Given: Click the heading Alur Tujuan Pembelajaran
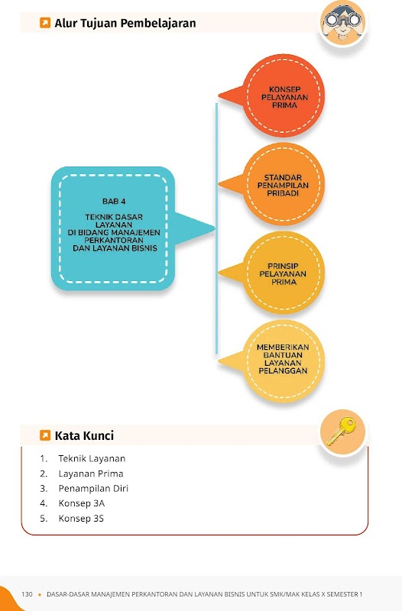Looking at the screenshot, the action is pos(125,23).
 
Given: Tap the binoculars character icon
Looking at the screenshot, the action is pos(342,23).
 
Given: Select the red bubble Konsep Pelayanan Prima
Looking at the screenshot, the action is pos(273,95).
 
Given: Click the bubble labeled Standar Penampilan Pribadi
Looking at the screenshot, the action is pos(273,184).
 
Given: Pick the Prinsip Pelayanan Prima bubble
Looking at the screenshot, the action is pos(273,273).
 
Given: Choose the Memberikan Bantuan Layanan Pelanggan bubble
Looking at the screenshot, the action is pos(273,360).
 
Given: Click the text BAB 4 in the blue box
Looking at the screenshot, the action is pos(114,202).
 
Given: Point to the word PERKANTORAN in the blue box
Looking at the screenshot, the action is pos(114,241).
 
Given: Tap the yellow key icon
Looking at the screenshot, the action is pos(342,431).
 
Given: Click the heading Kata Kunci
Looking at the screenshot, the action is pos(84,435).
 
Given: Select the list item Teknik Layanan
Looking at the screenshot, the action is pos(92,458).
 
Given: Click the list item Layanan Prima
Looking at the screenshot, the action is pos(91,474).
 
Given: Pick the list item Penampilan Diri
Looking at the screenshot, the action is pos(93,488).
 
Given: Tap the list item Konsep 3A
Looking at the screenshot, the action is pos(82,503).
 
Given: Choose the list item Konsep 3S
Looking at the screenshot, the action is pos(81,519).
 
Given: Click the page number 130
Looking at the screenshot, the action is pos(27,594).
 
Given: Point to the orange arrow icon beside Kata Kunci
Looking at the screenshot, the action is pos(45,435).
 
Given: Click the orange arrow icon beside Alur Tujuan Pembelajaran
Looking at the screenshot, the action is pos(45,23).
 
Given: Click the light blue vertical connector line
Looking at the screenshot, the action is pos(216,228).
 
